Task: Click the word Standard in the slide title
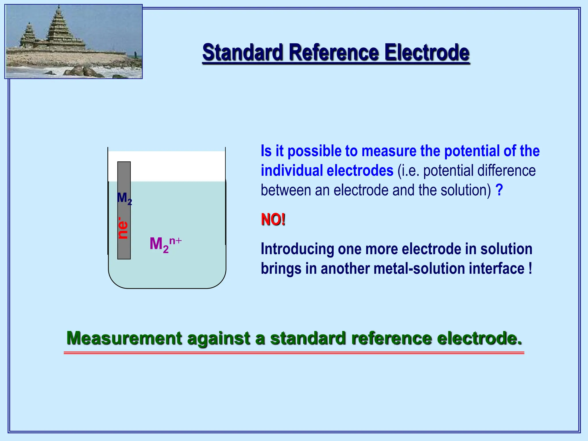tap(243, 53)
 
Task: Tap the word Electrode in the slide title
tap(427, 53)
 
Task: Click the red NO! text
tap(273, 220)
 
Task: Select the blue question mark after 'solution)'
tap(499, 190)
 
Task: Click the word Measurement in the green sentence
tap(124, 338)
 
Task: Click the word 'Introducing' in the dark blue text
tap(297, 249)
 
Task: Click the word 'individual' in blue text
tap(292, 171)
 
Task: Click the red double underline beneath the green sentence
tap(294, 353)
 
